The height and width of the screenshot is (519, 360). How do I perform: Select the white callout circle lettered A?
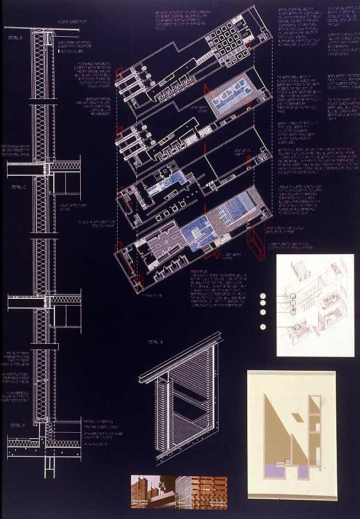[263, 327]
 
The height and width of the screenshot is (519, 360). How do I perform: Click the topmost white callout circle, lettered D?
[263, 296]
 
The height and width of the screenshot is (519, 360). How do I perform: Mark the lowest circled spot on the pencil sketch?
[297, 328]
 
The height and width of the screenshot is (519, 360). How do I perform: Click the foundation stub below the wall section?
[49, 461]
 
